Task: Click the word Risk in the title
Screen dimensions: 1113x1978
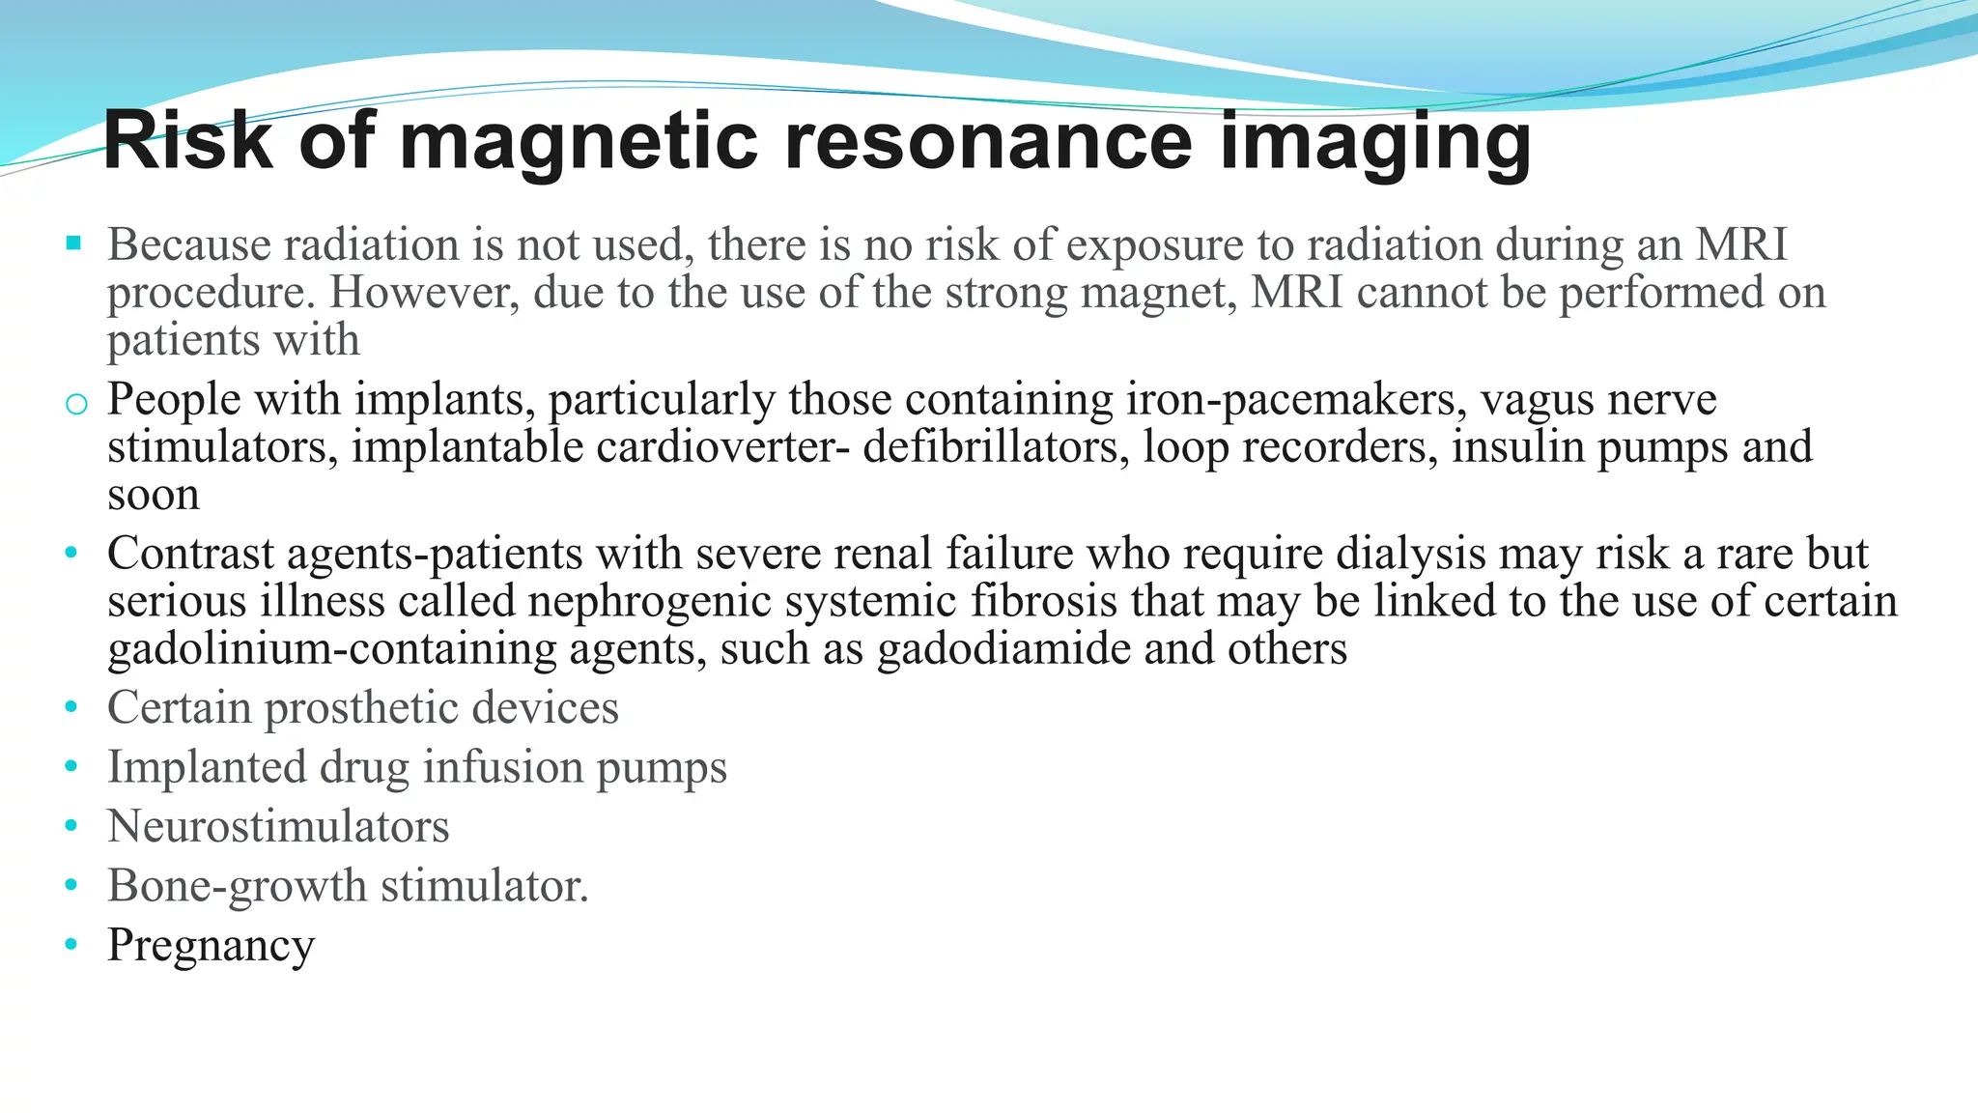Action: pos(188,141)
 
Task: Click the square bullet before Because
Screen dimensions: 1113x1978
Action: pos(73,243)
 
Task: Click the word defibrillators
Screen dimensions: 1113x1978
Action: pos(996,447)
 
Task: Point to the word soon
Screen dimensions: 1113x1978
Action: pos(154,496)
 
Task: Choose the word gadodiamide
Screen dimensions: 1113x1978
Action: pos(1003,648)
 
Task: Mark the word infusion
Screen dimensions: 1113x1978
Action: pos(502,767)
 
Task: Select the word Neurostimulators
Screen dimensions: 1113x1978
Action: pos(278,827)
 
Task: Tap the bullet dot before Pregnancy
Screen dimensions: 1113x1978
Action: pos(71,944)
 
